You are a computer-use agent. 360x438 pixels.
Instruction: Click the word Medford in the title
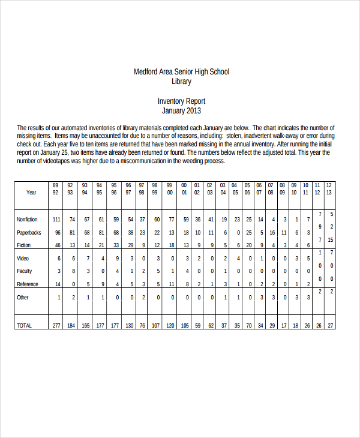(x=146, y=72)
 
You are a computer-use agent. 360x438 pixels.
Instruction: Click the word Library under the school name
(x=181, y=81)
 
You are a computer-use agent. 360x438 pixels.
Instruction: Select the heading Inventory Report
(x=181, y=101)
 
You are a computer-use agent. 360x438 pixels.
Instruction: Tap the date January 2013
(x=181, y=111)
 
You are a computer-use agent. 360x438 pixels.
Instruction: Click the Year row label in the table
(x=31, y=193)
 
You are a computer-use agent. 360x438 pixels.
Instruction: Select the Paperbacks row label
(x=29, y=233)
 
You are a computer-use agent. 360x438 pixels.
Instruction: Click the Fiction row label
(x=23, y=245)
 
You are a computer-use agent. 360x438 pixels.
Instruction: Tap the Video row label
(x=23, y=258)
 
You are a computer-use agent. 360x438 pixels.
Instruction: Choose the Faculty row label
(x=25, y=271)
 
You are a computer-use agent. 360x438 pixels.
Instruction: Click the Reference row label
(x=28, y=284)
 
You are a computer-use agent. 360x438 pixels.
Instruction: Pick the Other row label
(x=23, y=297)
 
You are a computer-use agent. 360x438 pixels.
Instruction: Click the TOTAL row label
(x=24, y=325)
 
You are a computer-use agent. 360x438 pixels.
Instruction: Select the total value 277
(x=56, y=325)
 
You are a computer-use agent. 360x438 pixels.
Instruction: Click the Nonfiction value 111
(x=56, y=220)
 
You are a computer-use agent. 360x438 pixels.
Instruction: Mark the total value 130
(x=129, y=325)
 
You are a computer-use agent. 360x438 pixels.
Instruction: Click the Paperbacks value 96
(x=58, y=233)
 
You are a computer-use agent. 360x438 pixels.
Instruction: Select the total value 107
(x=155, y=325)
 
